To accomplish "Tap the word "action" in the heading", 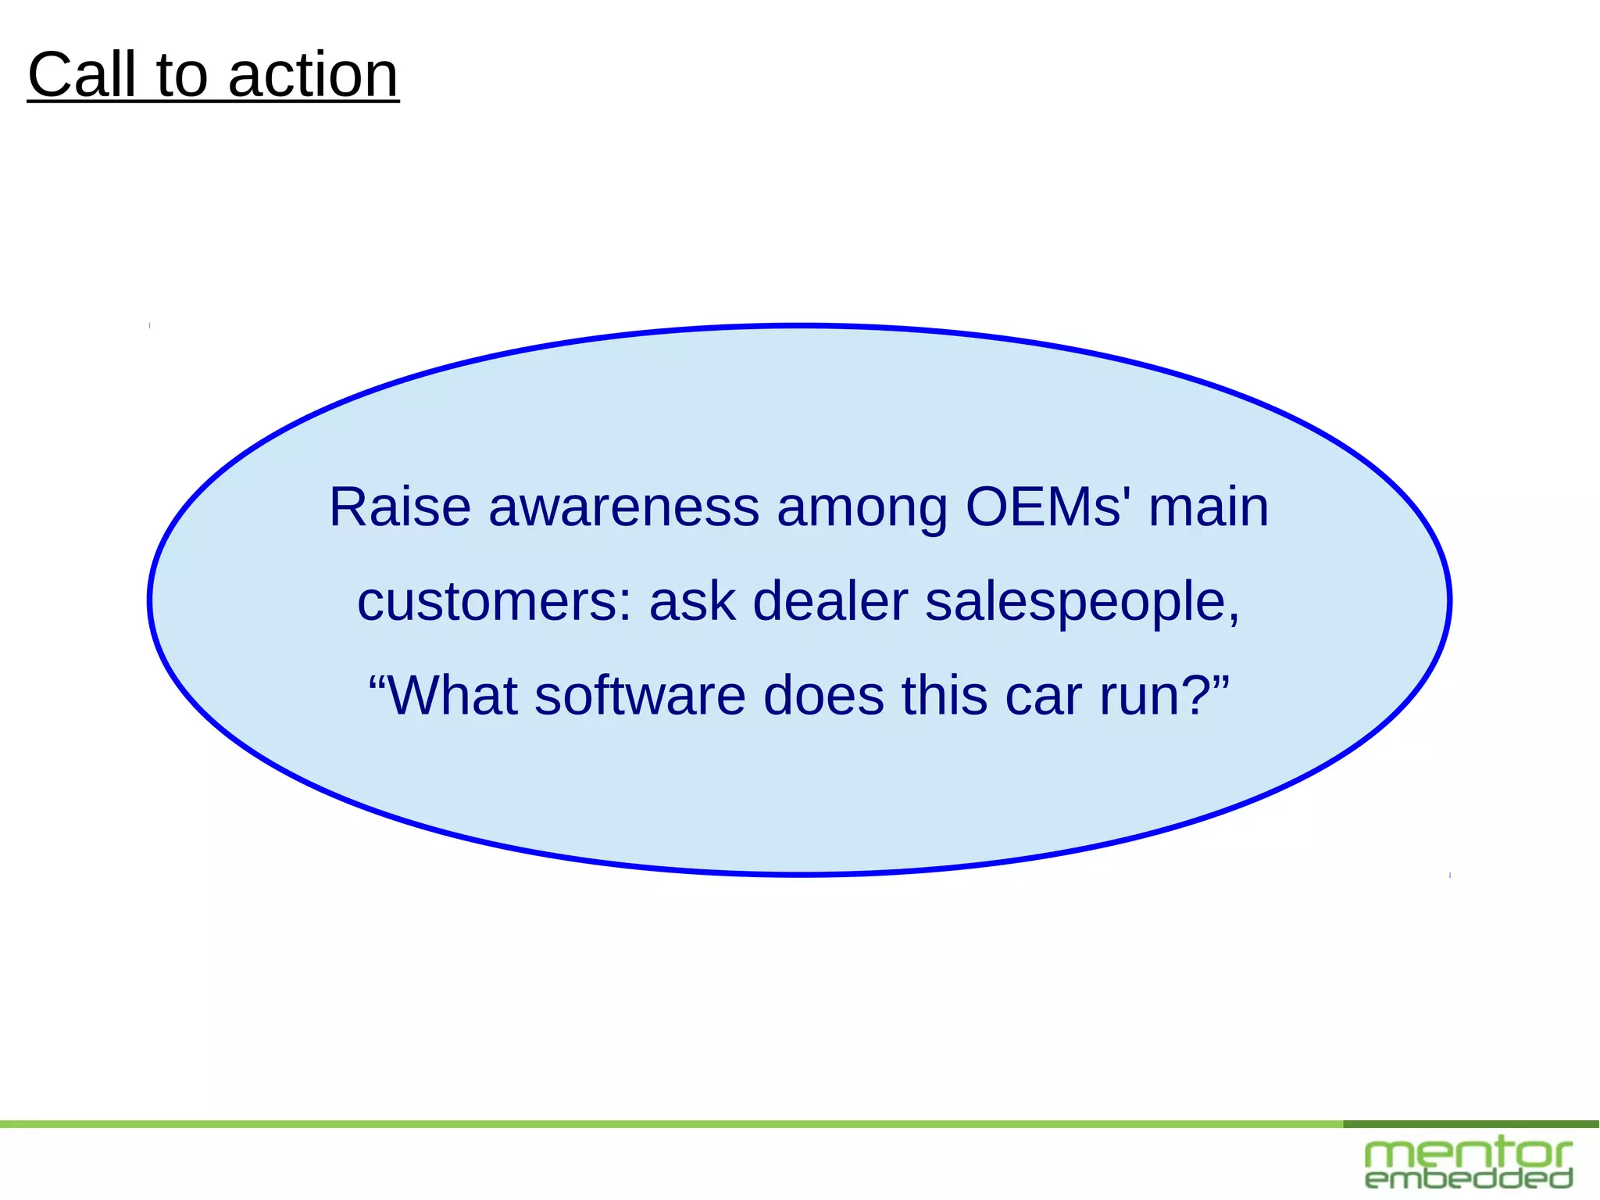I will click(x=313, y=77).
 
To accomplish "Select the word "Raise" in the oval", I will click(x=400, y=507).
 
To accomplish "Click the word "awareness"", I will click(x=623, y=507).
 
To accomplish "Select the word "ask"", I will click(x=692, y=602).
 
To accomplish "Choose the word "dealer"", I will click(x=830, y=602).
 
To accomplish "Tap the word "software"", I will click(x=640, y=695).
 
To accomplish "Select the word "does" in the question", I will click(x=823, y=695).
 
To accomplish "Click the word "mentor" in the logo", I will click(x=1468, y=1154).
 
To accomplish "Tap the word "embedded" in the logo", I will click(x=1468, y=1179).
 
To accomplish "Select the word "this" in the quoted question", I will click(x=945, y=695).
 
